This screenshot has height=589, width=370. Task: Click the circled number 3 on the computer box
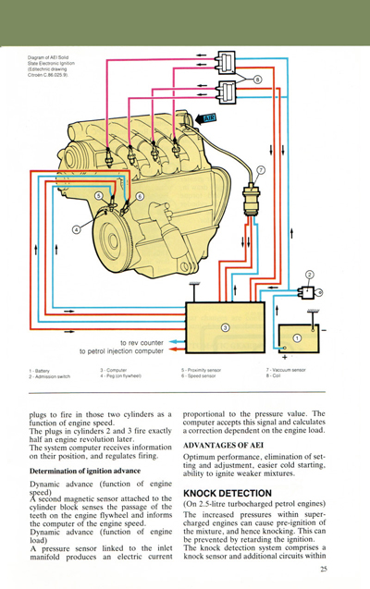225,327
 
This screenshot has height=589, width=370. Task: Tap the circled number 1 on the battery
297,338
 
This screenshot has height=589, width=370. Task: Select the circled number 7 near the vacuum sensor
262,170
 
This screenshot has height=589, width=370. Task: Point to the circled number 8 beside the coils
257,80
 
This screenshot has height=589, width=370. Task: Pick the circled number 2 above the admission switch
310,274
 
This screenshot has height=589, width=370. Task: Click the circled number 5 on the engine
98,196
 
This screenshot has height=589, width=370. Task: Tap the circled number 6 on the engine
140,196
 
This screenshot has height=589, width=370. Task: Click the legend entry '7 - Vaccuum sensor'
285,370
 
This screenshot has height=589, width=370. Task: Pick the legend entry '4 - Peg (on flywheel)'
121,376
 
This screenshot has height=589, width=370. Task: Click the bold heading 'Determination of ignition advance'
85,471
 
